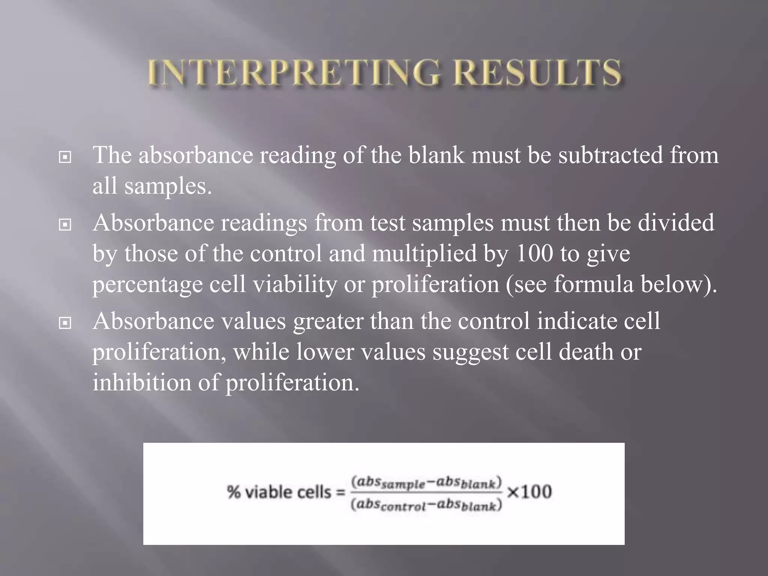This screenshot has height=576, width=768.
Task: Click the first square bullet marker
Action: (x=65, y=157)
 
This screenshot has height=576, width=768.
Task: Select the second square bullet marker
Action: (x=65, y=225)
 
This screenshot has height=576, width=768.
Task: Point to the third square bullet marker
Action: (x=65, y=322)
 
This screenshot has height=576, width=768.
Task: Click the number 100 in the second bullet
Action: (x=534, y=253)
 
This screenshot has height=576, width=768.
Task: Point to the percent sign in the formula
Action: (x=233, y=492)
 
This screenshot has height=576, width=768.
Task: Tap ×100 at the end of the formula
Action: (x=529, y=492)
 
